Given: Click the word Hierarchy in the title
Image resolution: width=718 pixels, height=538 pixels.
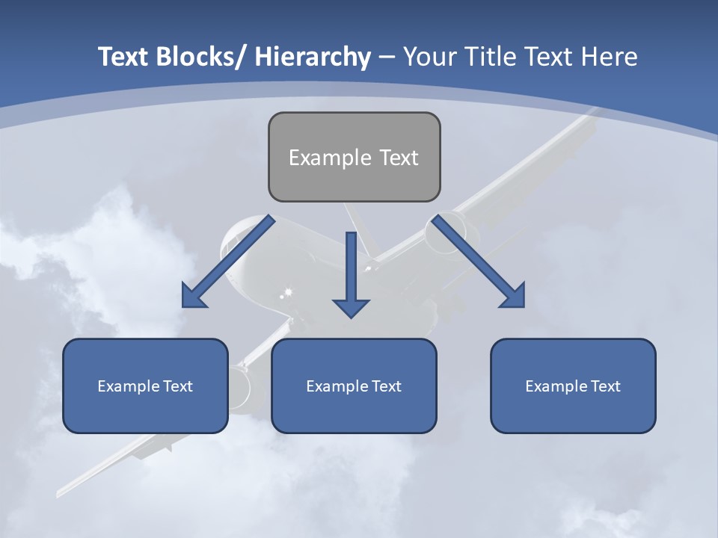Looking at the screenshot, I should click(x=312, y=58).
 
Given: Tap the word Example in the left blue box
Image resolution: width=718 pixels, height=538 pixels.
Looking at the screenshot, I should click(x=124, y=386).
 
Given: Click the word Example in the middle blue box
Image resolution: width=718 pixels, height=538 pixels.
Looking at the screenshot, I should click(x=333, y=386).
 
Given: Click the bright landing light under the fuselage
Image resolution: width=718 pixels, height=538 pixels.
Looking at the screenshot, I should click(x=288, y=290).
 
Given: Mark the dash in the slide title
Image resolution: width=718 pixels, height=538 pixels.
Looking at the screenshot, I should click(x=386, y=58).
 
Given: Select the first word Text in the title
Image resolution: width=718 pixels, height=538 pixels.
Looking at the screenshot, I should click(x=123, y=58).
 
